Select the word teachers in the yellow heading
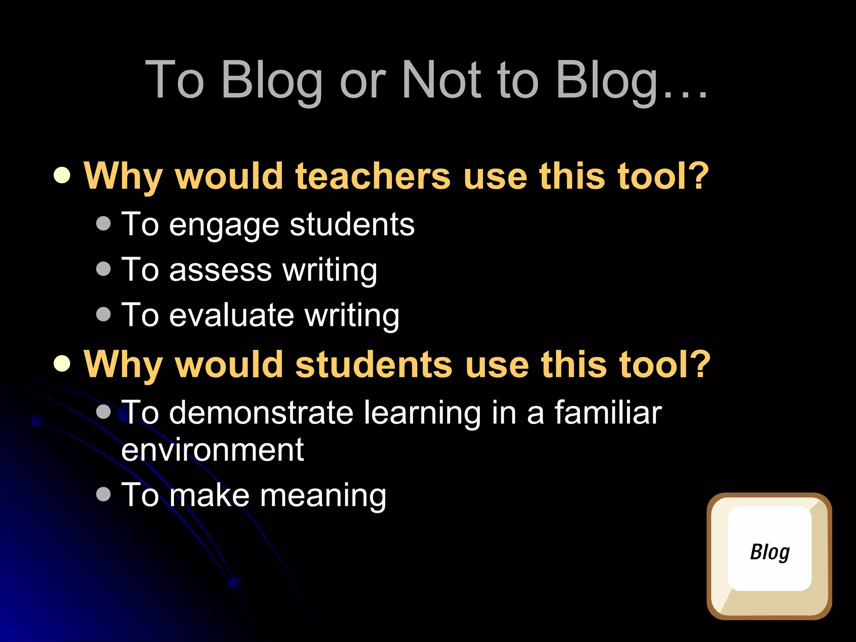373,176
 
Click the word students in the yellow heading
374,364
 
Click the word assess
220,270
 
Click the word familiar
608,413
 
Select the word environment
212,450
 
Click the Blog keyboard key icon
769,555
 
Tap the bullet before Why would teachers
62,176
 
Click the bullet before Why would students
62,364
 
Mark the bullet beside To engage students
103,224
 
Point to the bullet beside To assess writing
103,269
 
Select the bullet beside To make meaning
103,494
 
